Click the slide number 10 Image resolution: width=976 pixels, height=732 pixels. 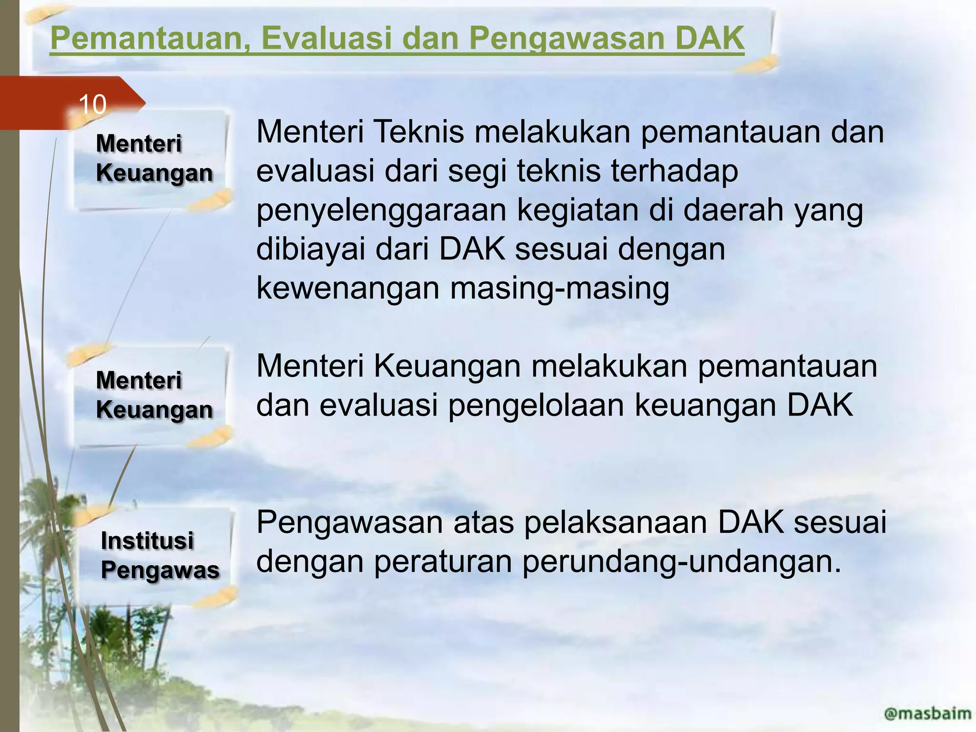coord(92,104)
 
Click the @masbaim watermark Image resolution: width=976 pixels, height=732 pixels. coord(927,713)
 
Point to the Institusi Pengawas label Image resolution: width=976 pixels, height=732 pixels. coord(160,555)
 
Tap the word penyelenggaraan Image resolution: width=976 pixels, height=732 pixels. coord(381,211)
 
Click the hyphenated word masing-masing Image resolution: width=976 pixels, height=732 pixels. coord(559,288)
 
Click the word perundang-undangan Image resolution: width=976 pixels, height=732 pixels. coord(682,561)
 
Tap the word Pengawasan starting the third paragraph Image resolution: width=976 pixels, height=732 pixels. coord(350,523)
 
